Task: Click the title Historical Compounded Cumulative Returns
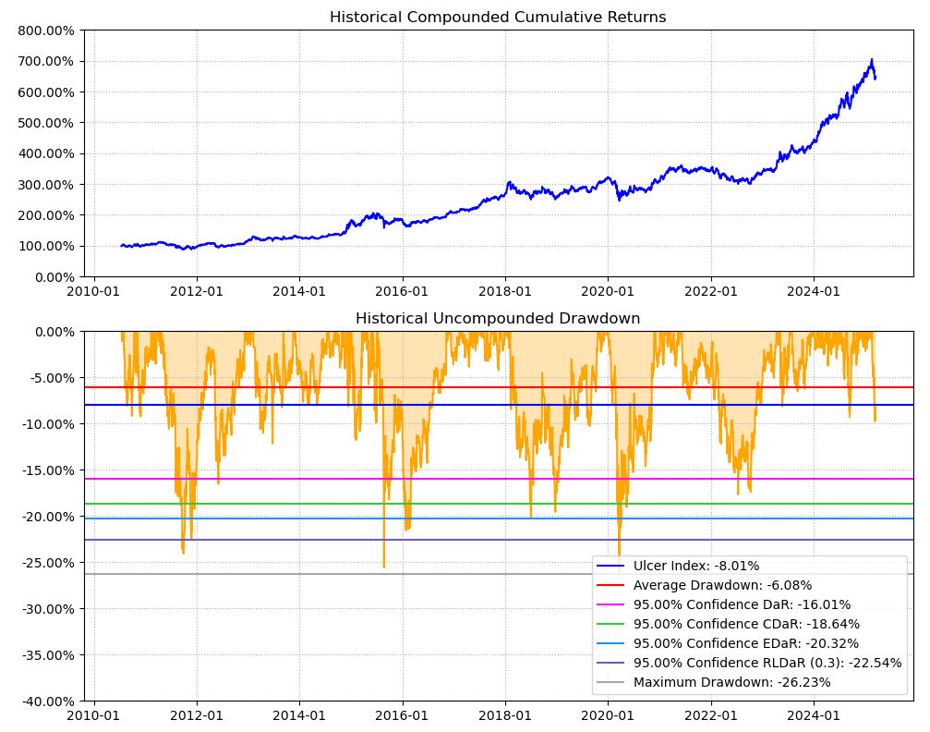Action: [498, 18]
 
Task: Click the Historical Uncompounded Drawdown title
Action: [498, 319]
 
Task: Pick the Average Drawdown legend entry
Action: [722, 585]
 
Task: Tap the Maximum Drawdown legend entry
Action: [731, 682]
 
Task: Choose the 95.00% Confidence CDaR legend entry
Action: [746, 624]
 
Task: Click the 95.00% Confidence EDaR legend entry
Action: [746, 643]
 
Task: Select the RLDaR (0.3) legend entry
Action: [767, 663]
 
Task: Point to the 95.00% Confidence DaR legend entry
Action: [742, 604]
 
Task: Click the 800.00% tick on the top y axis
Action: [45, 30]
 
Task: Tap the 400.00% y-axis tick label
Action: [45, 153]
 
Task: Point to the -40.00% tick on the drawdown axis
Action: [45, 701]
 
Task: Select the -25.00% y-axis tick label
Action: [45, 562]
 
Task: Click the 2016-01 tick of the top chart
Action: [402, 291]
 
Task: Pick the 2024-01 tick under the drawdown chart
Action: [814, 715]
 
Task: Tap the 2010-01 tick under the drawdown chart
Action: [94, 715]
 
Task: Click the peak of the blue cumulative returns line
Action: [871, 60]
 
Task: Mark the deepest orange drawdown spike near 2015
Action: [384, 567]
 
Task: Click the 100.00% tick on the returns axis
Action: [45, 246]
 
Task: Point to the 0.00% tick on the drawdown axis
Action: [52, 331]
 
